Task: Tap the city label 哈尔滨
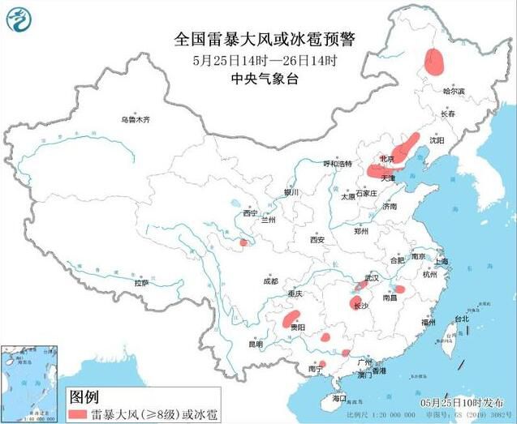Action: coord(455,92)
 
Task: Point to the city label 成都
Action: coord(270,281)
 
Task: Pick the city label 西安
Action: coord(317,240)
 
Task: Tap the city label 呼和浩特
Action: coord(337,163)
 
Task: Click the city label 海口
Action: coord(339,398)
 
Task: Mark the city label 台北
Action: coord(461,319)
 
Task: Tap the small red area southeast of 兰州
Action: coord(243,242)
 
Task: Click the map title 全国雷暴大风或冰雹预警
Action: coord(267,38)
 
